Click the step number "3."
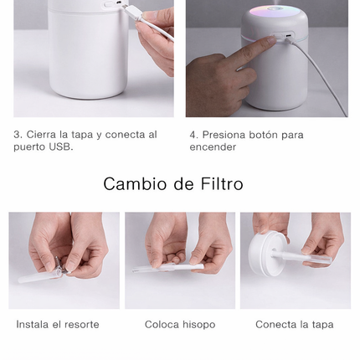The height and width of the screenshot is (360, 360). coord(18,134)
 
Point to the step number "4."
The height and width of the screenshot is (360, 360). coord(194,134)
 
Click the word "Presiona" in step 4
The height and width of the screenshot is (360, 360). coord(224,134)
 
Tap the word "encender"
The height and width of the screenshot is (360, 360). coord(213,147)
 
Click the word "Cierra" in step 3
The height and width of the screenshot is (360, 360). coord(42,134)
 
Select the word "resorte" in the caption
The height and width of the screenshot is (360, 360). coord(81,324)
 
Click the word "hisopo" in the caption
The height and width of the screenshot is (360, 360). coord(198,324)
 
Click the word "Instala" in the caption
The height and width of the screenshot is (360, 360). coord(33,324)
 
